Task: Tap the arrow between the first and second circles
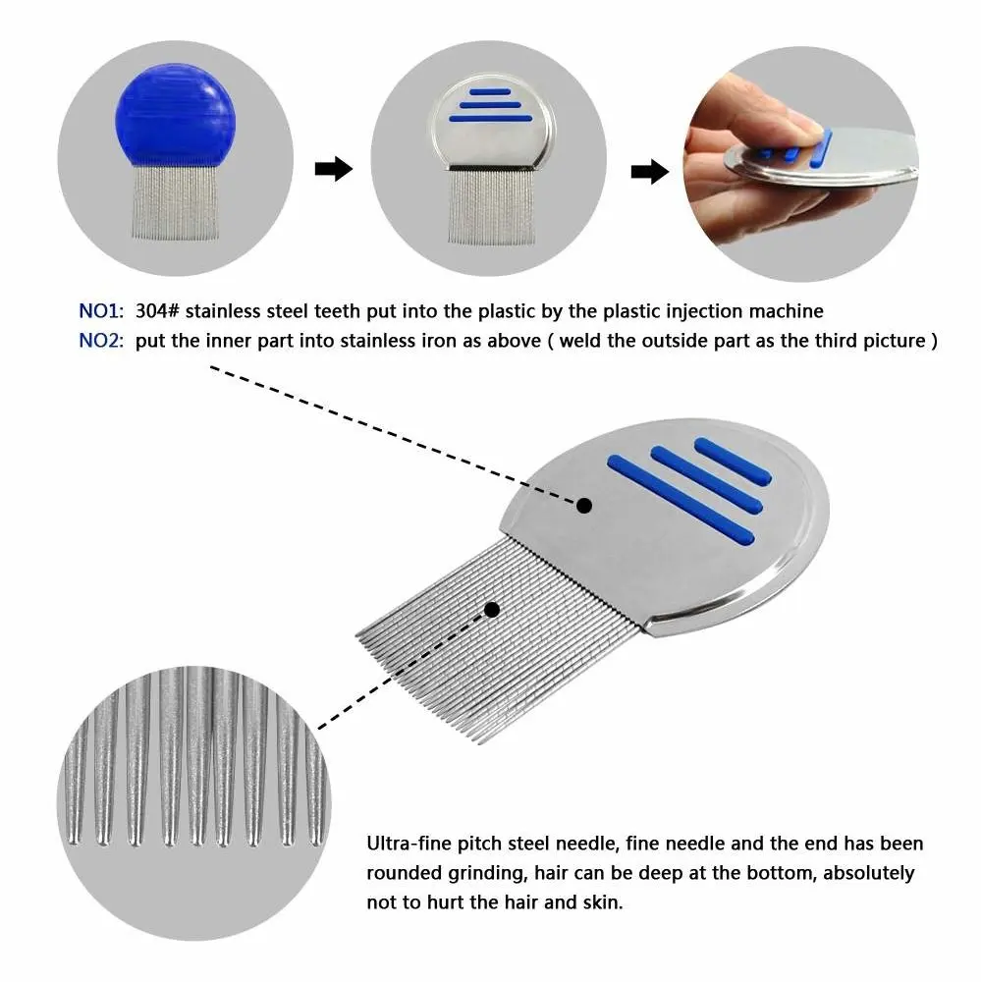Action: tap(333, 170)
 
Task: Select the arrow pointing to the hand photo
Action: tap(650, 172)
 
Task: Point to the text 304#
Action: tap(158, 311)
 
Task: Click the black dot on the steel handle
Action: tap(584, 506)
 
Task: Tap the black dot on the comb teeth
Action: tap(492, 610)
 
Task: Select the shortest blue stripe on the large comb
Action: tap(733, 461)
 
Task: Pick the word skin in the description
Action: tap(601, 902)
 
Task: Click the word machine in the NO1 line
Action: tap(787, 311)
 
